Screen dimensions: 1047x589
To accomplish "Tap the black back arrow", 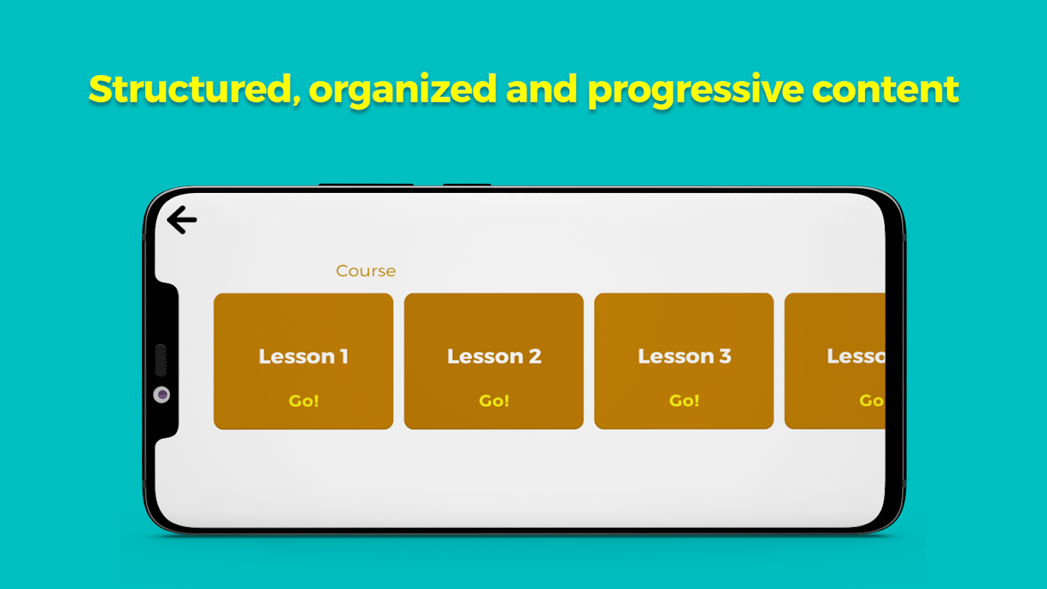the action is (182, 219).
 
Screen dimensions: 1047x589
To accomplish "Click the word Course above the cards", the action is (366, 271).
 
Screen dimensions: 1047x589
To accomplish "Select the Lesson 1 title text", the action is (303, 356).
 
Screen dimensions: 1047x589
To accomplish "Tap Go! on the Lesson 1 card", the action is (303, 401).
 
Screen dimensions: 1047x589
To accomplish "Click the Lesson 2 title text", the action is (494, 356).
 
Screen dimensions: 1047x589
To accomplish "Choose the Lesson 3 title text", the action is (684, 356).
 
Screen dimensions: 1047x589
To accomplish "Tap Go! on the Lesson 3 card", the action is (684, 401).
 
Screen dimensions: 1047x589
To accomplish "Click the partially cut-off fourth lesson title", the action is (856, 356).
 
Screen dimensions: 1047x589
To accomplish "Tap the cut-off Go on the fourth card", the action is (872, 401).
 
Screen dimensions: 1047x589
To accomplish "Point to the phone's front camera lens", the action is (162, 395).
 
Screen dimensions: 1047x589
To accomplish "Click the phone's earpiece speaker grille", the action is (161, 360).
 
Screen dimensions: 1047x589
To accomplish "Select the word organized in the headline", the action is (403, 90).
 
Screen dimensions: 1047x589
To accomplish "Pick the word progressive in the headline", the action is (696, 90).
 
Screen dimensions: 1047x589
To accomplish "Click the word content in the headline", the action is (885, 89).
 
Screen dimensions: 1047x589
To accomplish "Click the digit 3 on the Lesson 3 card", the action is (725, 356).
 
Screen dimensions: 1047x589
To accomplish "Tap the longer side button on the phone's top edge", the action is (366, 185).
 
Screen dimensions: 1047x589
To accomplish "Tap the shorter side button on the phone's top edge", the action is (467, 185).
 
